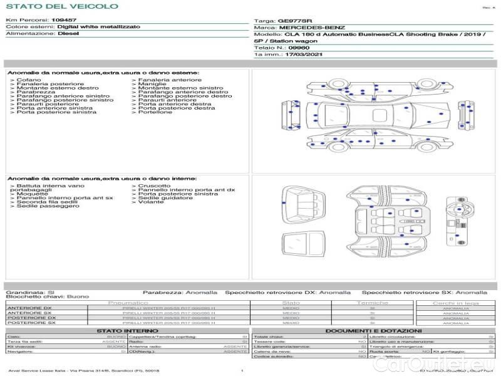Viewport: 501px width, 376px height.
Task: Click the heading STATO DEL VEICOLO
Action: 62,6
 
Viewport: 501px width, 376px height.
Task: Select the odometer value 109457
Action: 64,20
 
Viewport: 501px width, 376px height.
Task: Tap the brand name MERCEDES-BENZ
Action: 312,28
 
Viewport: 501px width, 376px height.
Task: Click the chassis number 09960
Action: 298,47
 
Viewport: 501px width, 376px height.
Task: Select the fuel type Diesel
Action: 68,34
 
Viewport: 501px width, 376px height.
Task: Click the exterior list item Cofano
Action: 29,80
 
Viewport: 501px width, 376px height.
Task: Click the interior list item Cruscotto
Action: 153,185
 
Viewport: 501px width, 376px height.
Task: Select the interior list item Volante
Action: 151,202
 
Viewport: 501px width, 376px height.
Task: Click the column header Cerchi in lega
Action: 456,303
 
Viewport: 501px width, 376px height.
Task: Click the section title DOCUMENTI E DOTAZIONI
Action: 373,330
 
